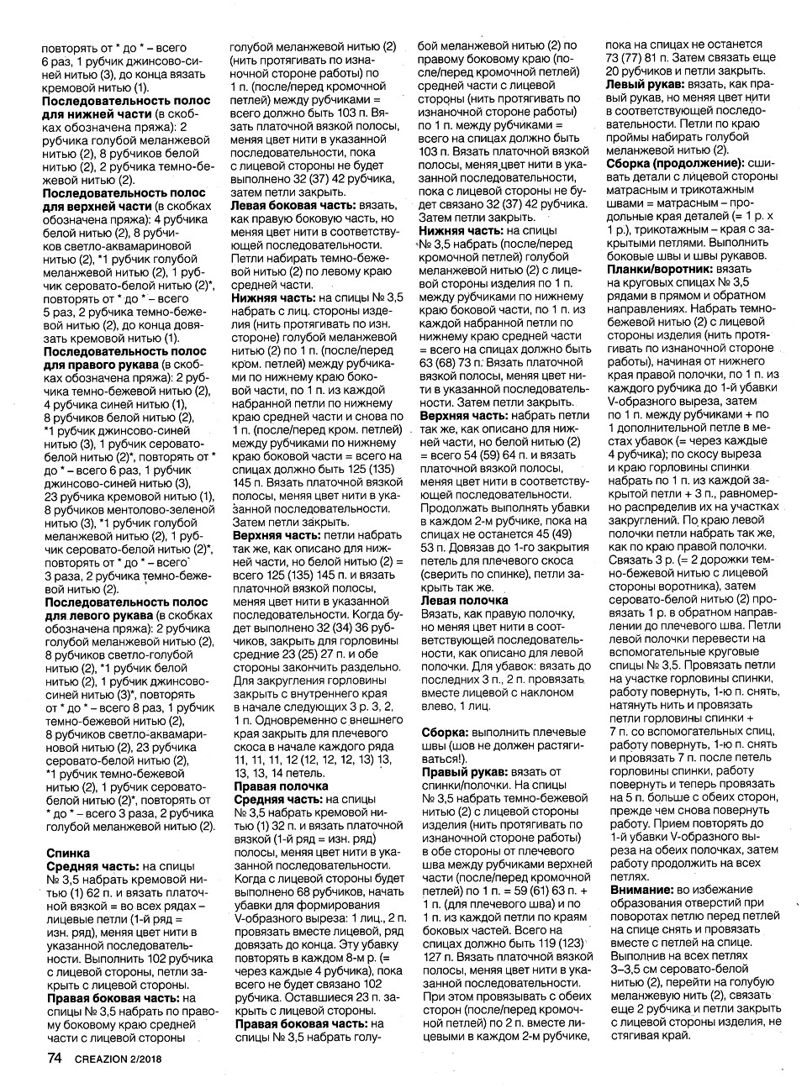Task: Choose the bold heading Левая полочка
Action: [464, 600]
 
